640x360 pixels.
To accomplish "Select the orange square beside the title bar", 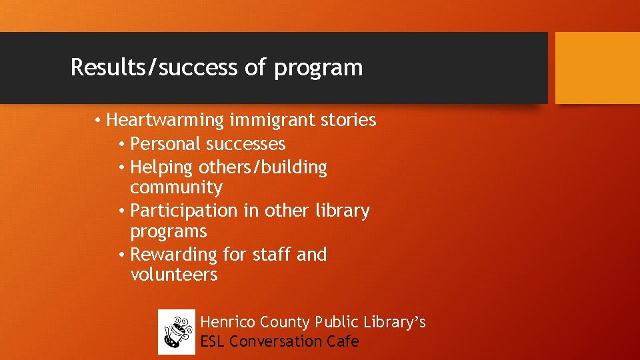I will [x=597, y=68].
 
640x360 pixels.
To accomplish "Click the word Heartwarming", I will [x=165, y=121].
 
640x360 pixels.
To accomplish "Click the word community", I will [x=176, y=187].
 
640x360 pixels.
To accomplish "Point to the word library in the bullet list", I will [x=343, y=211].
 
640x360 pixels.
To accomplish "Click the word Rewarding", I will [x=173, y=255].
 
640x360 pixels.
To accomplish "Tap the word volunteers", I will [x=174, y=275].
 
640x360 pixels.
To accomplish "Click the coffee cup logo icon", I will [x=177, y=332].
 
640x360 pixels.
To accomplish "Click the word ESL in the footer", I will [x=213, y=342].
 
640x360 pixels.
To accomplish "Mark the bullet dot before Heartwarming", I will [x=97, y=121].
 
